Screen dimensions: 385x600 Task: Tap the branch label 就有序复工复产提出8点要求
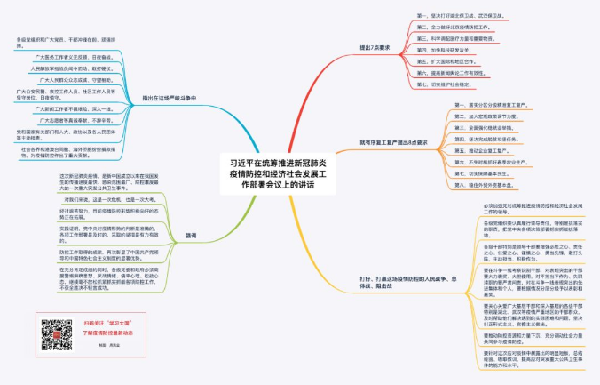point(393,142)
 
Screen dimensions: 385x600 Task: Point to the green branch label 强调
point(192,235)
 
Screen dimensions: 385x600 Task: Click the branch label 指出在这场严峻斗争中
point(172,98)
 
